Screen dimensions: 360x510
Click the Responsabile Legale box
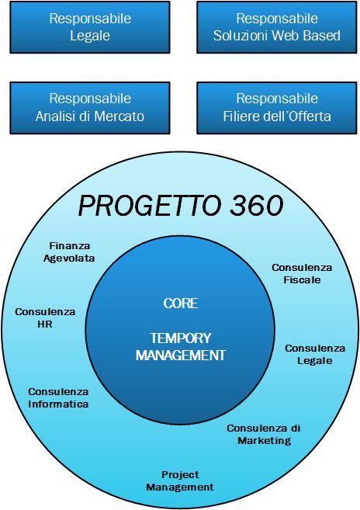(x=90, y=27)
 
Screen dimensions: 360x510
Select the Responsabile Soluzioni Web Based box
(x=277, y=27)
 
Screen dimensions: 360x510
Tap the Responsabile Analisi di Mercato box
(x=90, y=108)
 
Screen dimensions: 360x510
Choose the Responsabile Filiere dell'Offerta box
(x=277, y=108)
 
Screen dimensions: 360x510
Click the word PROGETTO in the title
(x=149, y=206)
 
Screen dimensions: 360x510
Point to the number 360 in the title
(x=257, y=206)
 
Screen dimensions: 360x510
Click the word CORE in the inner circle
(x=181, y=304)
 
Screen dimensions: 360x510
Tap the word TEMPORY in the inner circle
(x=181, y=338)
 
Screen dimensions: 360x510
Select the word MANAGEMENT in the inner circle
(x=181, y=356)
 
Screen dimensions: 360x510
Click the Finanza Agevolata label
(x=69, y=252)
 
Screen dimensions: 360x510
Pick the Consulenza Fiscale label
(x=302, y=274)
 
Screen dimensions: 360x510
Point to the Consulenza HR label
(x=45, y=318)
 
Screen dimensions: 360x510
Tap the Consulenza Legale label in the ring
(x=315, y=355)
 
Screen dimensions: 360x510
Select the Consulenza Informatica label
(x=58, y=397)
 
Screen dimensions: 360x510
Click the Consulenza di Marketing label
(x=264, y=435)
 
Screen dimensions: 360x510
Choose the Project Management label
(x=180, y=481)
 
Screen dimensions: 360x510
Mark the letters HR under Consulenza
(x=45, y=324)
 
